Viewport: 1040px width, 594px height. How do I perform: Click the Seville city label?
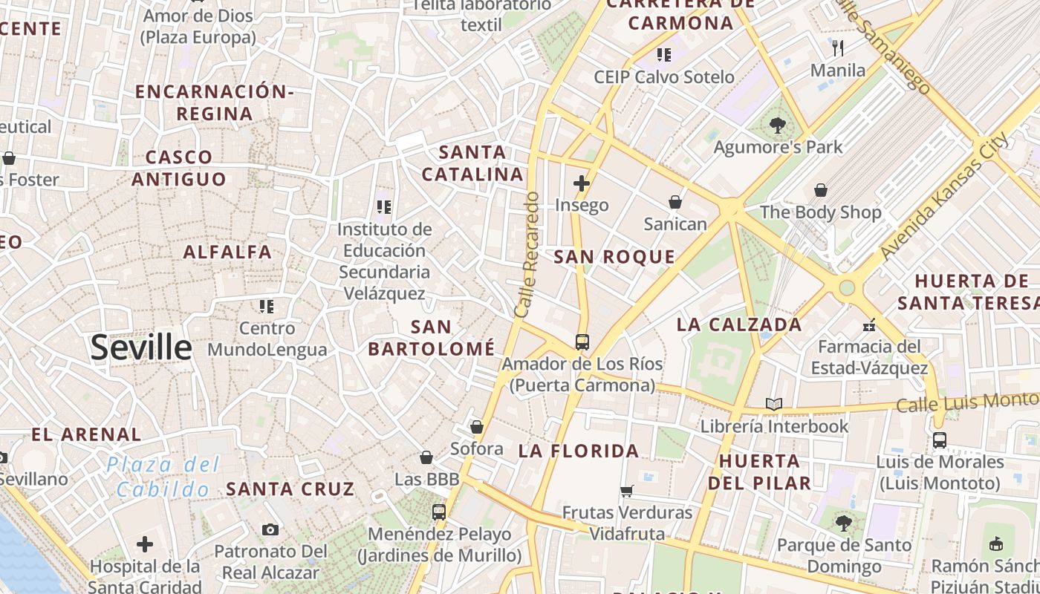141,347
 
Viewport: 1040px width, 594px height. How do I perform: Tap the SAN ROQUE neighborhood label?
614,257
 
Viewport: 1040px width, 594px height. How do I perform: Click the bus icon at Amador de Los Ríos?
582,342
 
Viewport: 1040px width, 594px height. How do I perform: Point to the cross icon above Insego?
582,183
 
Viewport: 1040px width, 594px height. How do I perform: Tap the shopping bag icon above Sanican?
675,202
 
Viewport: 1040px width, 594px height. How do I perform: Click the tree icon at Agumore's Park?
778,125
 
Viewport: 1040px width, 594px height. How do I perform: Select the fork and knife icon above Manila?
838,48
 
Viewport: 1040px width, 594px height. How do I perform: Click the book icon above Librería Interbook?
774,405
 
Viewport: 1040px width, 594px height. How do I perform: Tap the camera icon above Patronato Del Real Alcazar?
270,529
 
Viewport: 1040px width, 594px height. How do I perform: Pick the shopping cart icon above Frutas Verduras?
626,491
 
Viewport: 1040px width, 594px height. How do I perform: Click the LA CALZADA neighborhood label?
739,324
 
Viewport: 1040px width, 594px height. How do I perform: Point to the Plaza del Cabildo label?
163,477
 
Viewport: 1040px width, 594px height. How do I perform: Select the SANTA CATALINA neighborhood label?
472,163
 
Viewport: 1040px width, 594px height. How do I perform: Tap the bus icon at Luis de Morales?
940,440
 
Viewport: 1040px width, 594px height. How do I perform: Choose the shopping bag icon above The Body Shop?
820,191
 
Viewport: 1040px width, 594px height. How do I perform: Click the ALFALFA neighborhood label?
227,252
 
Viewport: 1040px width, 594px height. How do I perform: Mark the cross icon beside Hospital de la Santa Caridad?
145,544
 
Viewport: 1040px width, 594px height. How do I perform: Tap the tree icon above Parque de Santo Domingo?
843,523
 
